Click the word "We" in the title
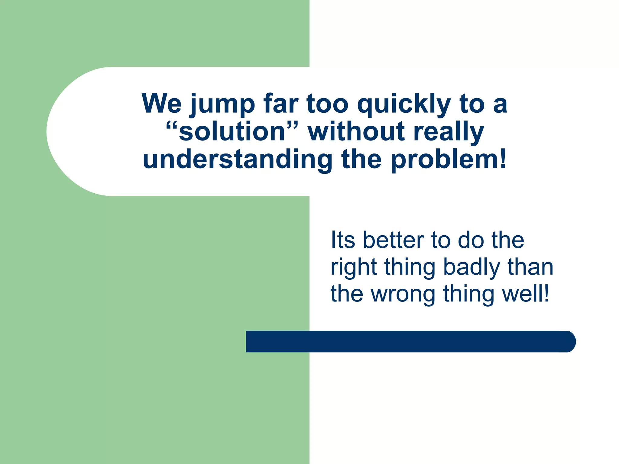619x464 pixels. pyautogui.click(x=161, y=103)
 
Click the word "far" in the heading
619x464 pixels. pyautogui.click(x=281, y=103)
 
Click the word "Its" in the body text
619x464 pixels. pyautogui.click(x=343, y=240)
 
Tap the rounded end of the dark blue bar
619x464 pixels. pyautogui.click(x=568, y=341)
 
